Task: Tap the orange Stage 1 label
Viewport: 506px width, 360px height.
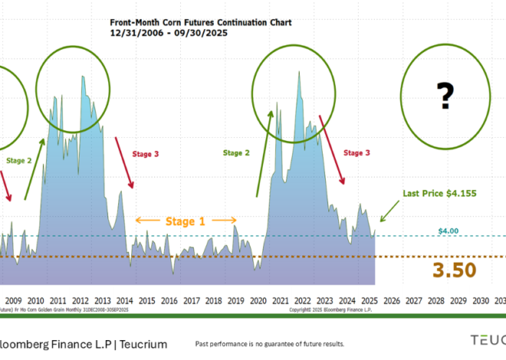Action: (x=186, y=221)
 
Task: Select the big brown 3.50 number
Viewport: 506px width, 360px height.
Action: (x=453, y=270)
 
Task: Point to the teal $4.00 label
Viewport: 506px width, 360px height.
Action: (x=449, y=231)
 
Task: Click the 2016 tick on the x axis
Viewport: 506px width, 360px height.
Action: (x=169, y=302)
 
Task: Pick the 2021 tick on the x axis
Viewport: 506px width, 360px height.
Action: (x=281, y=302)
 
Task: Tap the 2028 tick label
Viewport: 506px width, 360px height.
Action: (x=436, y=302)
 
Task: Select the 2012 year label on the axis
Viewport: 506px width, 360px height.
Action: (x=80, y=302)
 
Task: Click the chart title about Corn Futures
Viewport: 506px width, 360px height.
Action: (x=201, y=22)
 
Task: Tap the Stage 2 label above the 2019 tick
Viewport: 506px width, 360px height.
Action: (x=236, y=153)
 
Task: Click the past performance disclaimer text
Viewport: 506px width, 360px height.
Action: (x=270, y=344)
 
